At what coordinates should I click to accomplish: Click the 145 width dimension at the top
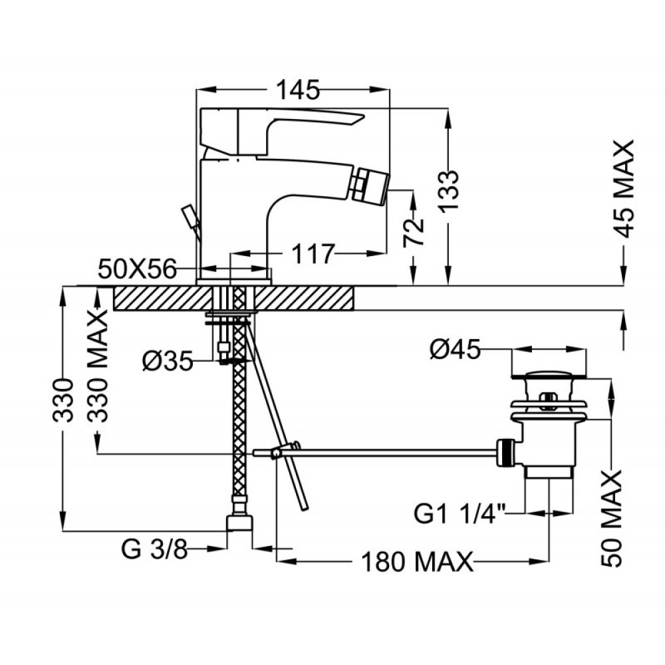(x=298, y=90)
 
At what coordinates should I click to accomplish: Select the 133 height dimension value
(x=448, y=191)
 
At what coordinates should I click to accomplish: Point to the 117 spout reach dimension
(x=313, y=254)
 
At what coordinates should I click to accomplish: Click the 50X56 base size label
(x=137, y=269)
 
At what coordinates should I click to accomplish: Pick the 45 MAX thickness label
(x=624, y=189)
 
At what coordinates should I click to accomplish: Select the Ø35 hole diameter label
(x=168, y=362)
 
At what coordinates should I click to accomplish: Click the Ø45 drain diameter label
(x=455, y=350)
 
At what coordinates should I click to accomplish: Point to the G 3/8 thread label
(x=154, y=550)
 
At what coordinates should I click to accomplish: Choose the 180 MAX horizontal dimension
(x=417, y=563)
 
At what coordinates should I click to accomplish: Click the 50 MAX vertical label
(x=611, y=518)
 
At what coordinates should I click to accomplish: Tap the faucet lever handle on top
(x=281, y=130)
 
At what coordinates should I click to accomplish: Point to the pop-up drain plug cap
(x=549, y=375)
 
